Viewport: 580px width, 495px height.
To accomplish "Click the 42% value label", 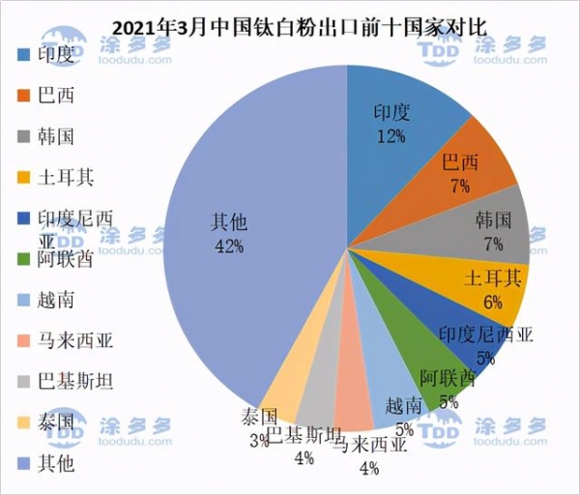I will (x=229, y=246).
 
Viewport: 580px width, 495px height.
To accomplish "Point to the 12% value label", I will (x=391, y=136).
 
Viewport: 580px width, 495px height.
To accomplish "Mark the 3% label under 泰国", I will (x=259, y=441).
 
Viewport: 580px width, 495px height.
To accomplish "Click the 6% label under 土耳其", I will (x=493, y=302).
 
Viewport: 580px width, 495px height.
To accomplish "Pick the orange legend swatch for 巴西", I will (x=25, y=96).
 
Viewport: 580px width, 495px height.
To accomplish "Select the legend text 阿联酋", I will (x=67, y=258).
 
